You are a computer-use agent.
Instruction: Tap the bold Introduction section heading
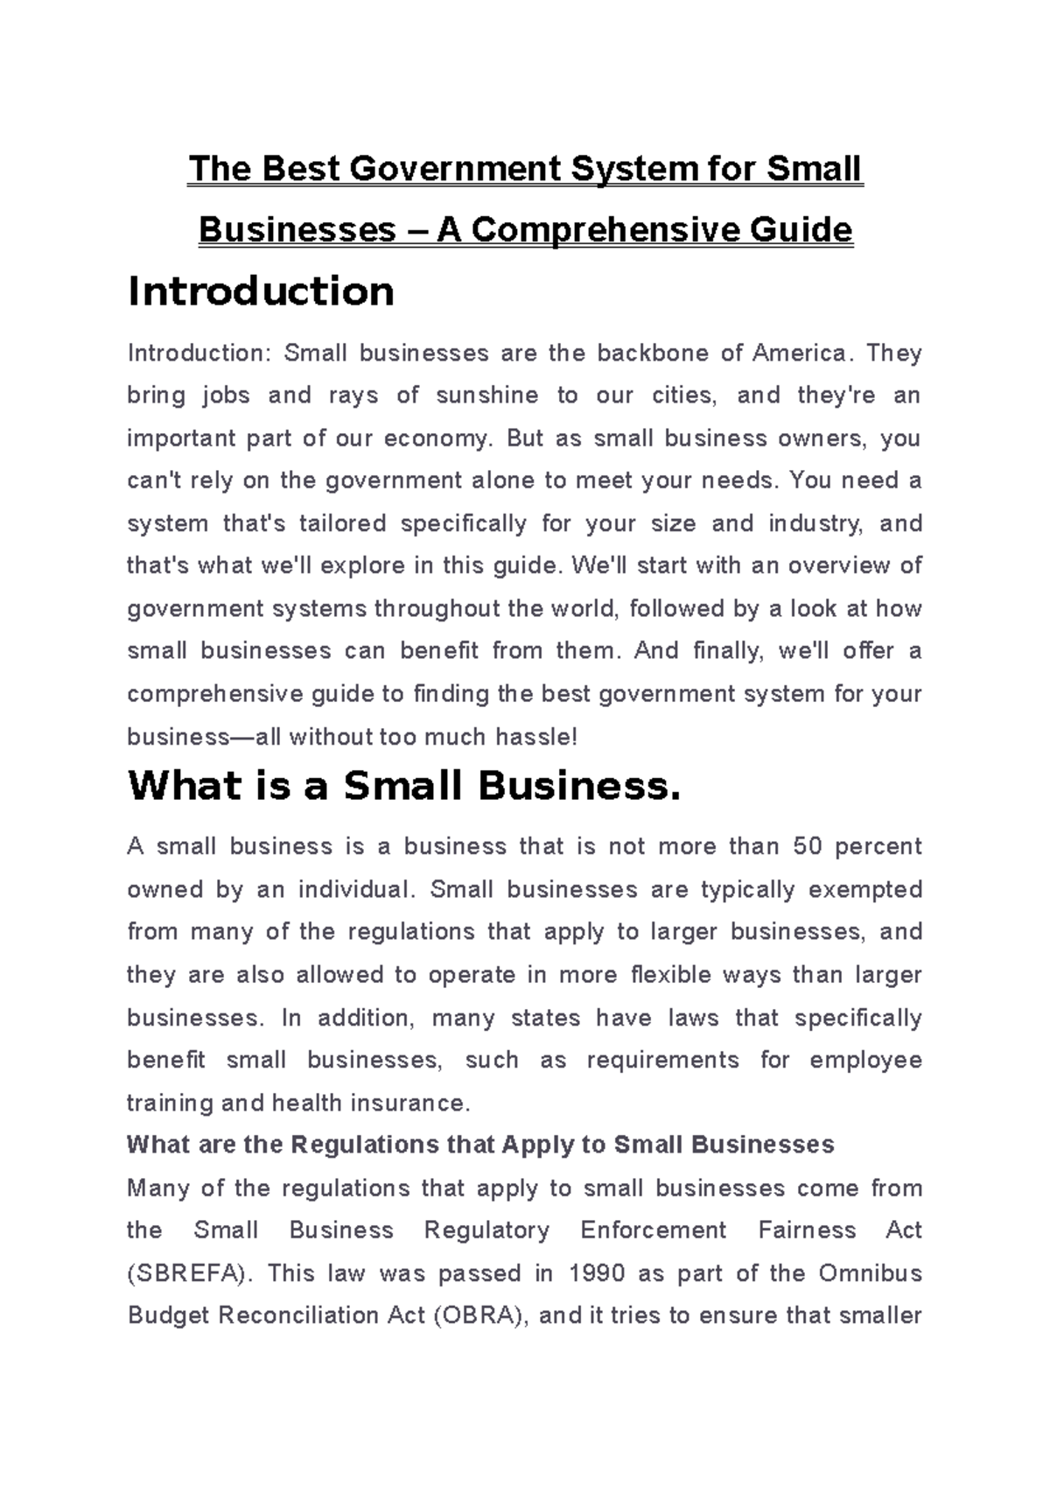[x=261, y=291]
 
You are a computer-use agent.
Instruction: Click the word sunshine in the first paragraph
[x=486, y=396]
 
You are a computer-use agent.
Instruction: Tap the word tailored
[x=342, y=523]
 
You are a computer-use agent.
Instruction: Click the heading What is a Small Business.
[x=403, y=786]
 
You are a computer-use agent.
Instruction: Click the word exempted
[x=864, y=889]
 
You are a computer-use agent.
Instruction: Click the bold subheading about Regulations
[x=480, y=1145]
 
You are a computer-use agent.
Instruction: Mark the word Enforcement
[x=653, y=1230]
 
